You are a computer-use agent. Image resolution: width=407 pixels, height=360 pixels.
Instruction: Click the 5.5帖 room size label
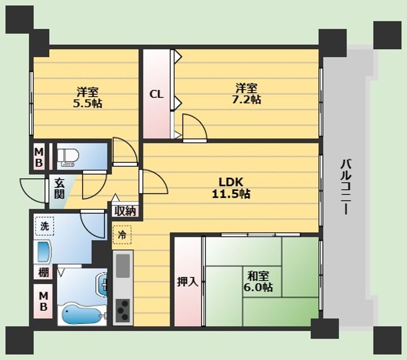click(87, 103)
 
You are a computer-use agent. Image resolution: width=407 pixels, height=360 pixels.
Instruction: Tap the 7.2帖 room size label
click(246, 99)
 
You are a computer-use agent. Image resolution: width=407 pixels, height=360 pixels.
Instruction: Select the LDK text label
click(231, 182)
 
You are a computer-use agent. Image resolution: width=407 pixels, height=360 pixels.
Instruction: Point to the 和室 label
click(258, 276)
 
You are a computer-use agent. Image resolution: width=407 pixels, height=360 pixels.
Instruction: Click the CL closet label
click(156, 94)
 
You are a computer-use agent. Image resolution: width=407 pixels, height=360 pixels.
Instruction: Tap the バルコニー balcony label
click(346, 187)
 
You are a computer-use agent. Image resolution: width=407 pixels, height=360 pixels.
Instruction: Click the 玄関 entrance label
click(59, 189)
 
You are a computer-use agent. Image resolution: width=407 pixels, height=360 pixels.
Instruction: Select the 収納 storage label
click(125, 211)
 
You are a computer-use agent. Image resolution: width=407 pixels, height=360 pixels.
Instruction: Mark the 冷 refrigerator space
click(122, 235)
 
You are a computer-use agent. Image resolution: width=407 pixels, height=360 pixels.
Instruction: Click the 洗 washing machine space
click(45, 226)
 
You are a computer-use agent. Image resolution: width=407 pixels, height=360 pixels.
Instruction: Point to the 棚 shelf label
click(44, 272)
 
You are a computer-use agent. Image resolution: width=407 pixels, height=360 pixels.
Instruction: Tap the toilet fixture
click(68, 157)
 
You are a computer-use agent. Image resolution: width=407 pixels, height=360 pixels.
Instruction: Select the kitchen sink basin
click(123, 266)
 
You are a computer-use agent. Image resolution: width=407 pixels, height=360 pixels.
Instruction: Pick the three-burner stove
click(123, 310)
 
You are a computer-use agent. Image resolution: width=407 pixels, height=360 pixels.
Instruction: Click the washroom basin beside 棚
click(44, 251)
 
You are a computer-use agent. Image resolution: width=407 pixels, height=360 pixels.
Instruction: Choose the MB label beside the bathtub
click(44, 301)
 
